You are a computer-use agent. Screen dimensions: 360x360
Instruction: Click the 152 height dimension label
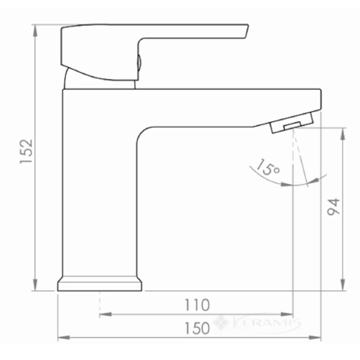[x=27, y=152]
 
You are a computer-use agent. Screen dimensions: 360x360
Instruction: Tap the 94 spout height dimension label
[x=333, y=207]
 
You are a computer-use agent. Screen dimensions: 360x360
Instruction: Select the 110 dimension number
[x=197, y=305]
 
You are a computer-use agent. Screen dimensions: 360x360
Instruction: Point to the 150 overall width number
[x=197, y=328]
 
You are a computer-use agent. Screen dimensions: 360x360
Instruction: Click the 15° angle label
[x=268, y=167]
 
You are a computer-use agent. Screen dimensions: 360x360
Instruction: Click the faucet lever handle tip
[x=247, y=31]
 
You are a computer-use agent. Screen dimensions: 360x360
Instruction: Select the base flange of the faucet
[x=99, y=283]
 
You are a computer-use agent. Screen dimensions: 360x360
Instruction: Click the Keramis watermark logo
[x=257, y=323]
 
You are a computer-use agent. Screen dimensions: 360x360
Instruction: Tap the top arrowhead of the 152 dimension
[x=35, y=31]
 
